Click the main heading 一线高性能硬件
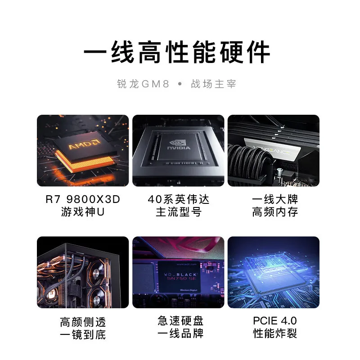tap(177, 53)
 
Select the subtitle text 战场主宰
tap(214, 84)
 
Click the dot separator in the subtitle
tap(180, 84)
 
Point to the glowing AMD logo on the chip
tap(84, 146)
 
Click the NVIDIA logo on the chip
tap(179, 147)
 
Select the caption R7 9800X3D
tap(83, 199)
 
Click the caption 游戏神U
tap(83, 212)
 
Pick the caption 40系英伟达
tap(179, 199)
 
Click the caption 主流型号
tap(179, 212)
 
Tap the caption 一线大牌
tap(275, 199)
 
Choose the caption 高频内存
tap(275, 212)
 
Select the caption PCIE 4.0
tap(275, 321)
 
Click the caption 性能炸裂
tap(275, 334)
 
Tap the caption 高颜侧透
tap(83, 322)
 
